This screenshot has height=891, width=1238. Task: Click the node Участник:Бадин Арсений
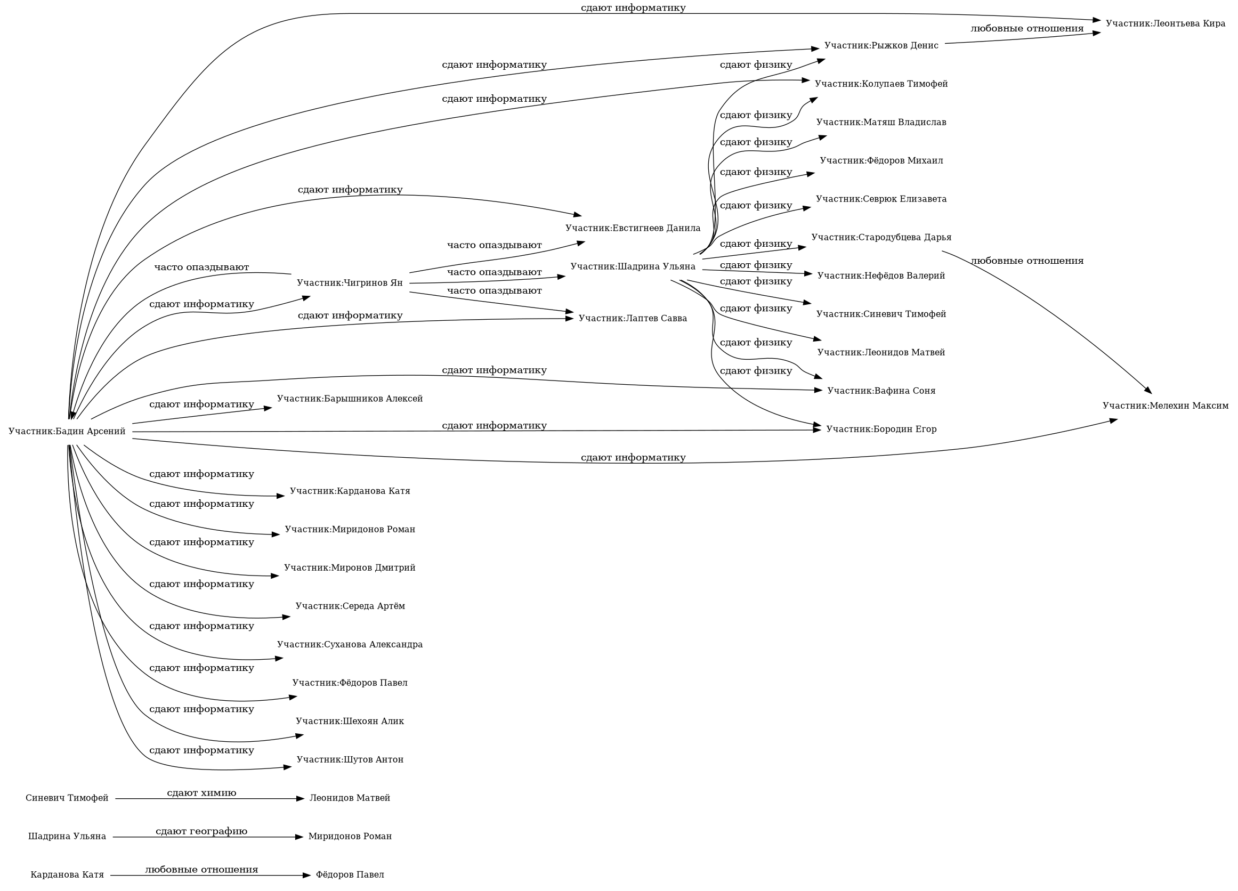coord(67,432)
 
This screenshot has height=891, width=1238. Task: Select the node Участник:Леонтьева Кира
coord(1165,23)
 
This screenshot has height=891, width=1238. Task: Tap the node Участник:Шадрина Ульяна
coord(633,266)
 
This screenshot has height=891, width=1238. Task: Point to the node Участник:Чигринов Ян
coord(350,283)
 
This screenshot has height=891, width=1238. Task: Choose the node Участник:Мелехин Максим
coord(1165,406)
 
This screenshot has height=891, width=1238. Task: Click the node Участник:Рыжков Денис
coord(881,45)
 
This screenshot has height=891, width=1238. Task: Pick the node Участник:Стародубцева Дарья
coord(881,238)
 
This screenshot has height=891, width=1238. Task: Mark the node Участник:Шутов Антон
coord(350,759)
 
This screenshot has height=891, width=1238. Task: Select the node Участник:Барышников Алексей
coord(350,399)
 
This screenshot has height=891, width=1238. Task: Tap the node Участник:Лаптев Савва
coord(633,318)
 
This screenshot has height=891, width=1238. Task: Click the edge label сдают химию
coord(201,793)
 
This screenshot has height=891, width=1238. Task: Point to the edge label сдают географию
coord(201,831)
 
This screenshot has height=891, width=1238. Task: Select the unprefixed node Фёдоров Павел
coord(350,874)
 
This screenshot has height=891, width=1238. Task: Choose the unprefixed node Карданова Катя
coord(67,874)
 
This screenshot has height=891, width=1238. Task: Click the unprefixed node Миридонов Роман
coord(350,837)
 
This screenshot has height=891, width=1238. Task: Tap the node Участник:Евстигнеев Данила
coord(633,228)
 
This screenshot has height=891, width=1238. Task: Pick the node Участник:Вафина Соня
coord(881,391)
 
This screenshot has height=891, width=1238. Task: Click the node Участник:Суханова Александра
coord(350,644)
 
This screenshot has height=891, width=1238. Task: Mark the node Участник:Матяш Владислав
coord(881,122)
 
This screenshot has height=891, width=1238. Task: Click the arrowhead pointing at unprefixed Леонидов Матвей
coord(300,799)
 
